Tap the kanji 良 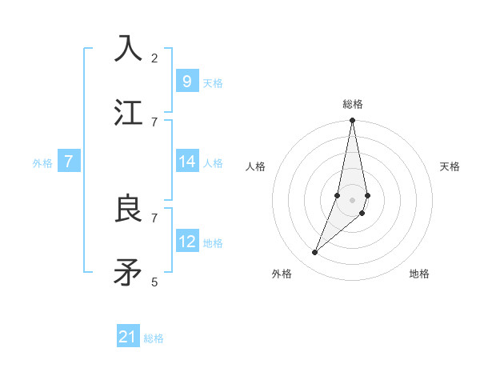tap(129, 209)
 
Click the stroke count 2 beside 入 tap(154, 58)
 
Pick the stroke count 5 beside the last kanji tap(154, 282)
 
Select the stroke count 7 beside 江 tap(154, 122)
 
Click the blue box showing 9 tap(186, 81)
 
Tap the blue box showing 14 tap(186, 162)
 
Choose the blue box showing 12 tap(186, 241)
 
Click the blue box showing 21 tap(128, 337)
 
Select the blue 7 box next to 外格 tap(69, 162)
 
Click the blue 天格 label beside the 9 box tap(213, 82)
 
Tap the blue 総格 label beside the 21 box tap(154, 338)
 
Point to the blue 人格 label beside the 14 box tap(213, 163)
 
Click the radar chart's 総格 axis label tap(353, 104)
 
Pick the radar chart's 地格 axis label tap(419, 274)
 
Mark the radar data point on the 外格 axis tap(314, 253)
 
